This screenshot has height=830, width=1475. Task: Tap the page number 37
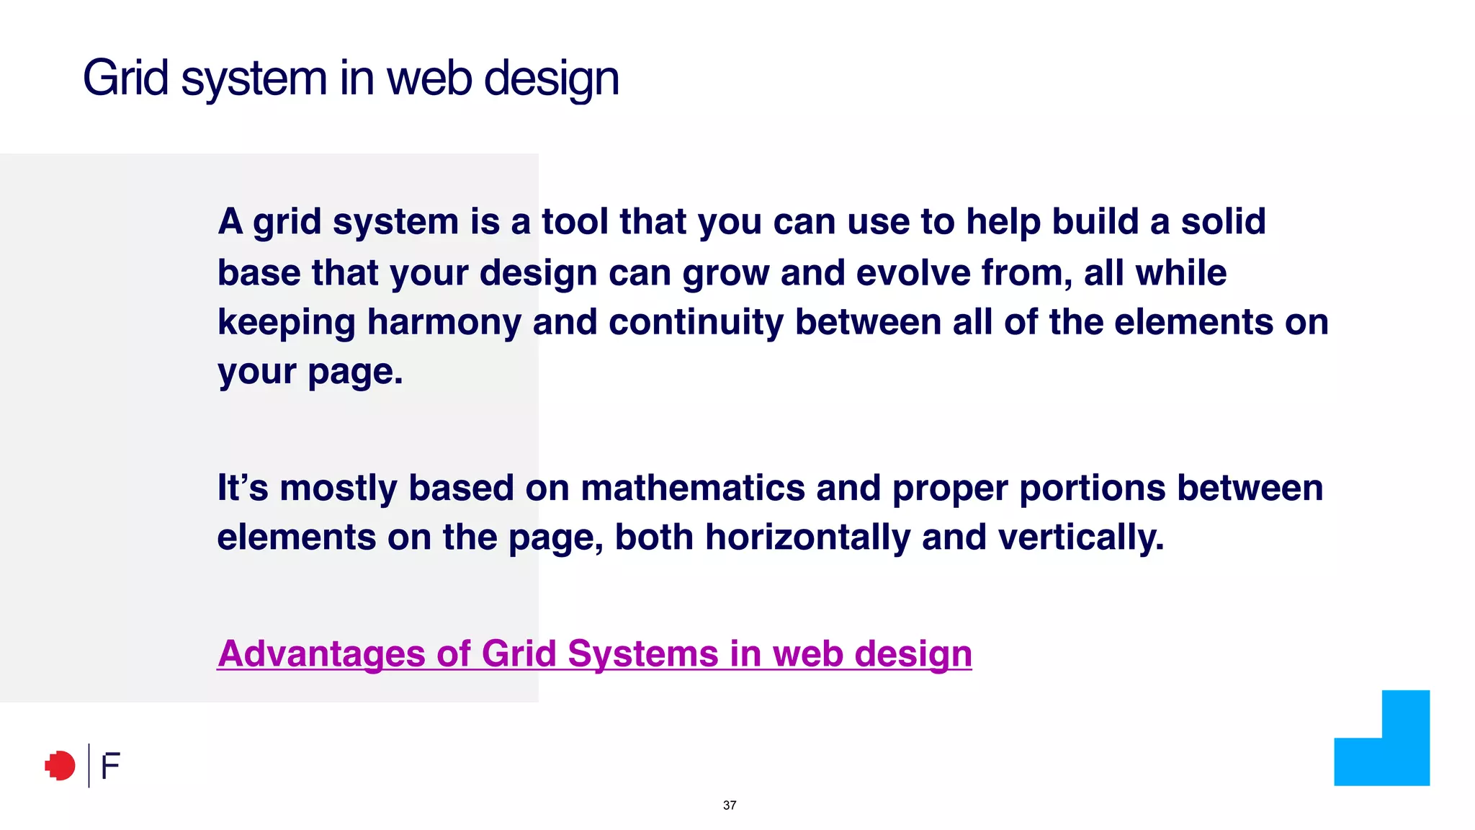730,806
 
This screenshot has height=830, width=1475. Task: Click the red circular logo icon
60,766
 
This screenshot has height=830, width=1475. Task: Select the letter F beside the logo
110,767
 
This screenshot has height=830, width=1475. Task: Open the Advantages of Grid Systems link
594,653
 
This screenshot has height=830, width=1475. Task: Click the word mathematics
692,488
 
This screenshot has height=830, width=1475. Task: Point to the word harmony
444,322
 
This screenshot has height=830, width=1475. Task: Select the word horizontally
807,537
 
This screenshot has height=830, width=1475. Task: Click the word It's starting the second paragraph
243,488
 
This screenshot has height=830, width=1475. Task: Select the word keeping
286,323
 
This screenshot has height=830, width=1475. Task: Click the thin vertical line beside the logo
89,765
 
